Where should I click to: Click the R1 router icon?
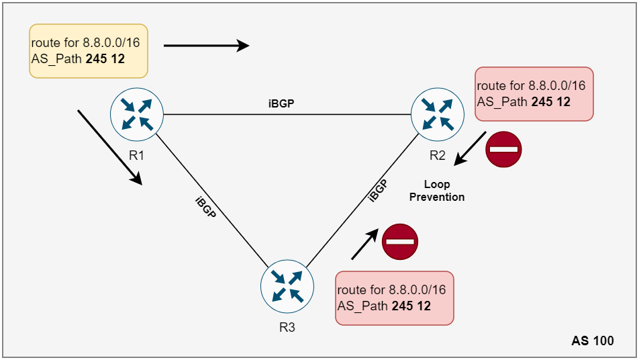137,114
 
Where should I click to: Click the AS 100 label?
593,341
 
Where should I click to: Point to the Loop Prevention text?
437,191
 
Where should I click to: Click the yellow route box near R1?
89,52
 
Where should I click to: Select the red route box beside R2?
534,94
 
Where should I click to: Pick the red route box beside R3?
394,298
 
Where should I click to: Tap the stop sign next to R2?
503,150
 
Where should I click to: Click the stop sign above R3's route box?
400,241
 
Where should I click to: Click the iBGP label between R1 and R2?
281,104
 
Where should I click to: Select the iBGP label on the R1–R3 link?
205,210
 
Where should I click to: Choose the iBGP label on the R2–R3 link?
378,191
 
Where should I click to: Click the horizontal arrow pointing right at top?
206,46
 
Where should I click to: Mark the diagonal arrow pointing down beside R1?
109,147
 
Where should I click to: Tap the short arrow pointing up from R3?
363,243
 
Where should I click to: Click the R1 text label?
137,155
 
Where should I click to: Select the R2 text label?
438,155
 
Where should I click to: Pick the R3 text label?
287,328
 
